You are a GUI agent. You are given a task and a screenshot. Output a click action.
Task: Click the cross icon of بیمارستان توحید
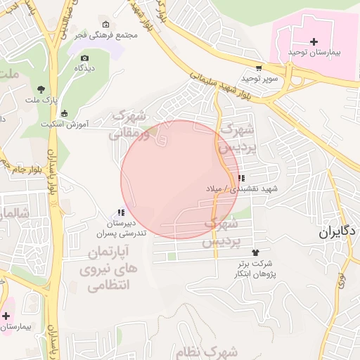pyautogui.click(x=314, y=41)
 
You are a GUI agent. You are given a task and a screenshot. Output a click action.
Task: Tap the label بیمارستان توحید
pyautogui.click(x=314, y=53)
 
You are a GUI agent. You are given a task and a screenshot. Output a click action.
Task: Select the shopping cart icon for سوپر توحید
pyautogui.click(x=259, y=68)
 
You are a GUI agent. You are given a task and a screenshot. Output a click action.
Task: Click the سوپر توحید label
pyautogui.click(x=261, y=79)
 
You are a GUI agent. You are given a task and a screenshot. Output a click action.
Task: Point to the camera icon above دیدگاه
pyautogui.click(x=85, y=58)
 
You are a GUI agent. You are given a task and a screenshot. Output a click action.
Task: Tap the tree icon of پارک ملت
pyautogui.click(x=41, y=89)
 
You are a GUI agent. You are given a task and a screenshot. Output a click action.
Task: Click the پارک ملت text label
pyautogui.click(x=41, y=100)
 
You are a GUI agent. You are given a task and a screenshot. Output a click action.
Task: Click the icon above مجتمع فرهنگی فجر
pyautogui.click(x=105, y=25)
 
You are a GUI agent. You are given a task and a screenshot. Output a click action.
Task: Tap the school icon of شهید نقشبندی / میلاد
pyautogui.click(x=242, y=179)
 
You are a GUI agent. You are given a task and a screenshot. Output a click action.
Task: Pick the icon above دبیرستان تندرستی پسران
pyautogui.click(x=121, y=212)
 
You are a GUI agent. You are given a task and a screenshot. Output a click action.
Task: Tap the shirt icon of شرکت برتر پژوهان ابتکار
pyautogui.click(x=255, y=252)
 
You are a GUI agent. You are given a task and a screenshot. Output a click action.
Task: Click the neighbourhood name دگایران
pyautogui.click(x=337, y=232)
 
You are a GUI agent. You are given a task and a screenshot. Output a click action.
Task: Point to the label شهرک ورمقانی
pyautogui.click(x=138, y=124)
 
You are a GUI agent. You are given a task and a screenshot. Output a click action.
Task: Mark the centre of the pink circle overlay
pyautogui.click(x=179, y=179)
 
